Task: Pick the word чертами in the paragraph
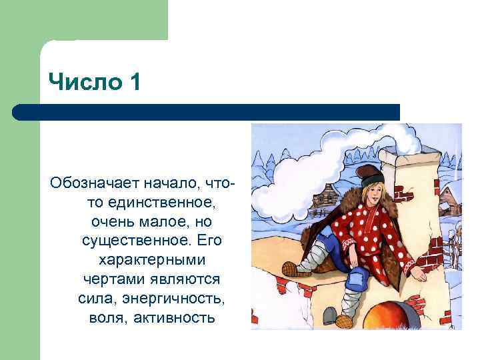pos(108,277)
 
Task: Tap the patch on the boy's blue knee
pos(356,275)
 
